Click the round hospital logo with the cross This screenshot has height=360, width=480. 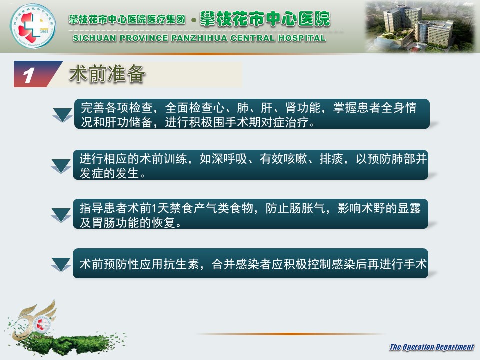point(33,26)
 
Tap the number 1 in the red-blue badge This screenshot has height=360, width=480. point(29,75)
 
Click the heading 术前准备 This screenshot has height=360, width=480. point(107,74)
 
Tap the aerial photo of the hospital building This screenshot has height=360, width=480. point(420,27)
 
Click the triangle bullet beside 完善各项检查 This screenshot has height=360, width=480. point(63,115)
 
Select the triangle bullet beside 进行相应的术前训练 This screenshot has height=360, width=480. point(61,166)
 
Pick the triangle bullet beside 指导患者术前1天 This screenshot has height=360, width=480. point(61,215)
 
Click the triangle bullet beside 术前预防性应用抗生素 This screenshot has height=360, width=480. point(61,264)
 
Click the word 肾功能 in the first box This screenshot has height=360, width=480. point(303,108)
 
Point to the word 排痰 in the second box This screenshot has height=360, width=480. point(331,159)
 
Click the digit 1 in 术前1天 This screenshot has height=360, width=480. point(154,208)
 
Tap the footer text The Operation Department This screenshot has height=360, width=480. point(431,347)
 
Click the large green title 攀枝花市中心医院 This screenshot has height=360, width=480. point(265,19)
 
